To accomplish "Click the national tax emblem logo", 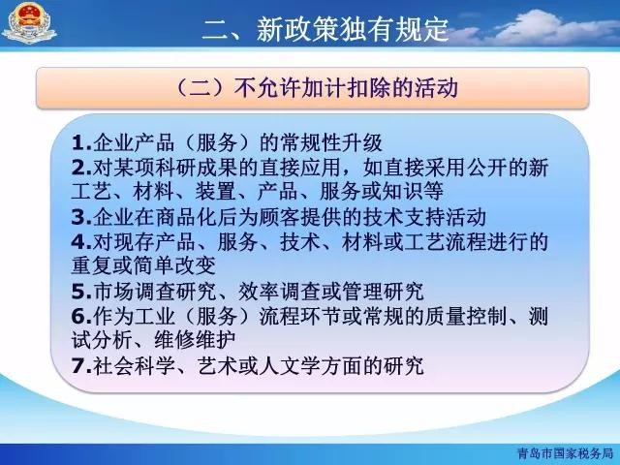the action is pyautogui.click(x=29, y=23).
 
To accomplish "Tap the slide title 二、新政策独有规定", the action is pyautogui.click(x=325, y=29).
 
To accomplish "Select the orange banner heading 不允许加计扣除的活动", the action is pyautogui.click(x=317, y=87).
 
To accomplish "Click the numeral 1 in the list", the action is pyautogui.click(x=77, y=143).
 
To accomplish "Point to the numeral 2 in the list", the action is pyautogui.click(x=77, y=168).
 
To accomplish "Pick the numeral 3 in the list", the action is pyautogui.click(x=77, y=217).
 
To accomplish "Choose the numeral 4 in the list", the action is pyautogui.click(x=77, y=242).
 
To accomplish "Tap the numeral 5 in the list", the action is pyautogui.click(x=77, y=292).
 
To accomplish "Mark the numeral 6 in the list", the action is pyautogui.click(x=77, y=316).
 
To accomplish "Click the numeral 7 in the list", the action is pyautogui.click(x=77, y=365).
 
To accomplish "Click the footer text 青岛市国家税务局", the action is pyautogui.click(x=565, y=453).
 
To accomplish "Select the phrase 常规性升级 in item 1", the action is pyautogui.click(x=331, y=142).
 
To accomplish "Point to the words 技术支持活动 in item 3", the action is pyautogui.click(x=424, y=217).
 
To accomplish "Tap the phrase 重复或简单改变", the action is pyautogui.click(x=143, y=265).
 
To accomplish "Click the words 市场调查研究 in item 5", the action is pyautogui.click(x=155, y=292).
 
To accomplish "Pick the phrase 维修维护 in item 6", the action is pyautogui.click(x=195, y=340).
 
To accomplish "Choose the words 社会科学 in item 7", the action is pyautogui.click(x=134, y=365).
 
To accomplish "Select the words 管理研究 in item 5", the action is pyautogui.click(x=384, y=292).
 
